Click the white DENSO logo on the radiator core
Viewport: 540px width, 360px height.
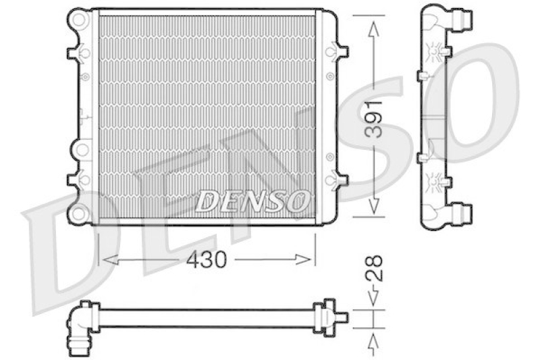pyautogui.click(x=254, y=200)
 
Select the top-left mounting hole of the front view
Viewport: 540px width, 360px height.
pyautogui.click(x=80, y=20)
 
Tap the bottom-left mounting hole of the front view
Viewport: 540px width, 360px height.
pyautogui.click(x=80, y=214)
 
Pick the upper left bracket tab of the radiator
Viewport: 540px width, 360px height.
pyautogui.click(x=74, y=52)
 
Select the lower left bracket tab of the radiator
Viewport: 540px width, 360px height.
pyautogui.click(x=74, y=180)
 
